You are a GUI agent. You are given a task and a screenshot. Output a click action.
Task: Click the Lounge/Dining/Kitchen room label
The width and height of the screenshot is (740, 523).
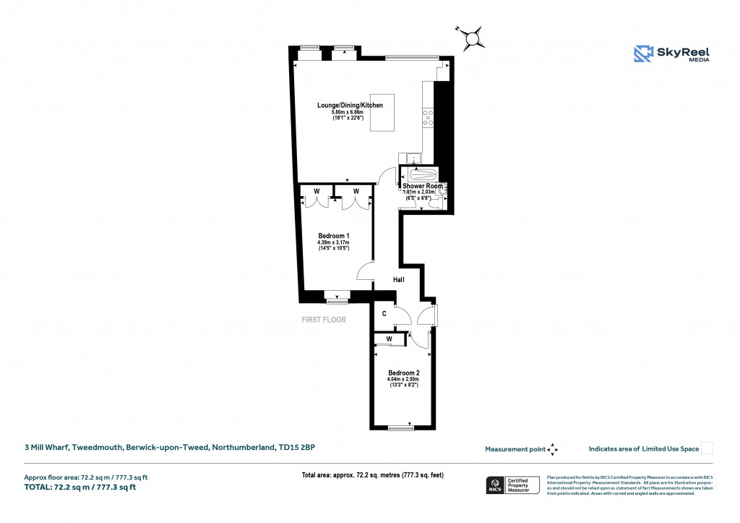[x=350, y=106]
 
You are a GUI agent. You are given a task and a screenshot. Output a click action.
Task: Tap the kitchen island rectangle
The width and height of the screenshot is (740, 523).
[x=382, y=112]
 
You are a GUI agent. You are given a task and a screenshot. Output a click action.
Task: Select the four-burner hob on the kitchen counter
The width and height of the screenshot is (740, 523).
[x=427, y=117]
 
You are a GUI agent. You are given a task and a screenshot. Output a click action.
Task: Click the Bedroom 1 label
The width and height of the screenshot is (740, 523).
[x=334, y=236]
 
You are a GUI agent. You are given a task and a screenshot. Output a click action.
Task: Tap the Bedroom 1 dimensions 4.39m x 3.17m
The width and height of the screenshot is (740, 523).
[x=334, y=242]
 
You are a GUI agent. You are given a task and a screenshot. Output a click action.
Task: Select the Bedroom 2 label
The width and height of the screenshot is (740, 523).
[x=403, y=373]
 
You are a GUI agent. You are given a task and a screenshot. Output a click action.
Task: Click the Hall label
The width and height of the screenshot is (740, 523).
[x=398, y=279]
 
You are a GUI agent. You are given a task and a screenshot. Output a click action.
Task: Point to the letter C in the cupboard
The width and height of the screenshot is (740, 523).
[x=384, y=314]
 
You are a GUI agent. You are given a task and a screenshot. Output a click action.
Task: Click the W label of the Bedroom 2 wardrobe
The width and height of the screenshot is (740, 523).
[x=389, y=339]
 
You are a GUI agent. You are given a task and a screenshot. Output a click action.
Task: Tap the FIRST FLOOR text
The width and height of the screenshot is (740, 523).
[x=324, y=319]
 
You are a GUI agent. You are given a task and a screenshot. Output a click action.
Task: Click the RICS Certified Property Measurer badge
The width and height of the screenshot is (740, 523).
[x=512, y=485]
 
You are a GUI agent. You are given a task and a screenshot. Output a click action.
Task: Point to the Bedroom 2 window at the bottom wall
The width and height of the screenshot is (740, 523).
[x=402, y=428]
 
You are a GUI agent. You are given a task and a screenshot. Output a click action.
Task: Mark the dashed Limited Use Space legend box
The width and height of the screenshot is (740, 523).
[x=707, y=448]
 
